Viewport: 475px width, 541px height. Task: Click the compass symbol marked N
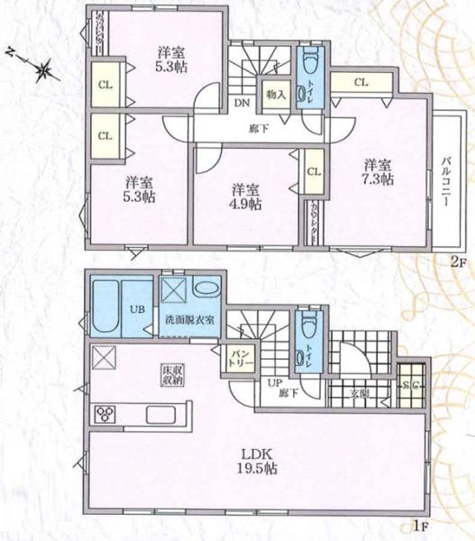(x=41, y=69)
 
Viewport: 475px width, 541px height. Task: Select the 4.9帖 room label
(x=243, y=196)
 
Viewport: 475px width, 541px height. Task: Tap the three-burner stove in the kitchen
(x=105, y=415)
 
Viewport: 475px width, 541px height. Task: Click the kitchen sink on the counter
(x=162, y=415)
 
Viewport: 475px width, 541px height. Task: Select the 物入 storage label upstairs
(x=276, y=93)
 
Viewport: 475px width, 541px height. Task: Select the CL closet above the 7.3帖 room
(x=361, y=83)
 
